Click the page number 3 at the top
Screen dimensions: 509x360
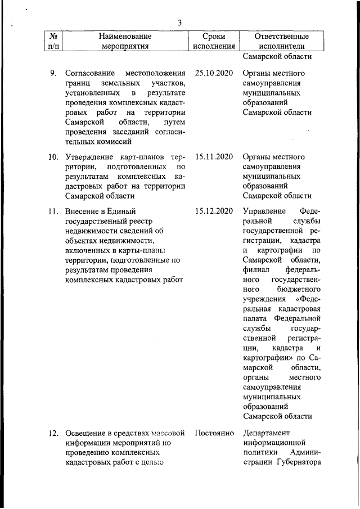pos(179,22)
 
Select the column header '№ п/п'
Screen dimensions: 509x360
pos(52,41)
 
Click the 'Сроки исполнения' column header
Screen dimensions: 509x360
pos(213,41)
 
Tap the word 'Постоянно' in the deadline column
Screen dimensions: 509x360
pos(214,433)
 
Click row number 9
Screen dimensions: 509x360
pos(53,73)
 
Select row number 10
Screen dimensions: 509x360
pos(53,156)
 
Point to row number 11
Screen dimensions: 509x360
pos(53,211)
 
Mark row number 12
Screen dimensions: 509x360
pos(53,433)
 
